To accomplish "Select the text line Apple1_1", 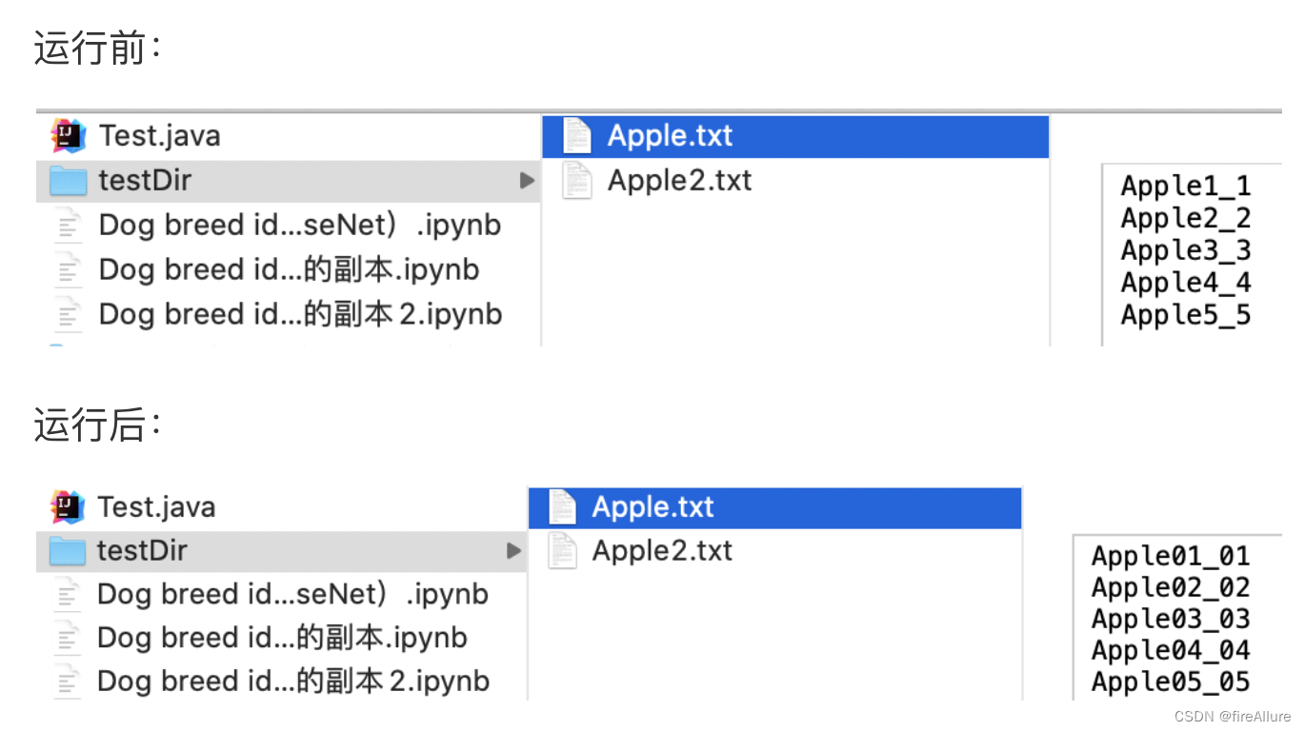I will tap(1185, 186).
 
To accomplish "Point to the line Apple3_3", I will tap(1185, 250).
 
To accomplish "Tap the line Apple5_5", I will tap(1185, 315).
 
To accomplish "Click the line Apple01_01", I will tap(1170, 556).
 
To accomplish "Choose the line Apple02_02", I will tap(1170, 587).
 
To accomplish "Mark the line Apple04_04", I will tap(1170, 650).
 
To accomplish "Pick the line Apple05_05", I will tap(1170, 682).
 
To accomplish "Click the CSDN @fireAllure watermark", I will tap(1233, 716).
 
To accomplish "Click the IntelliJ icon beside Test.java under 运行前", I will tap(68, 135).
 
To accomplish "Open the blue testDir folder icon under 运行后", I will tap(67, 550).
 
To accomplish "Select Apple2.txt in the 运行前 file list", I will tap(679, 180).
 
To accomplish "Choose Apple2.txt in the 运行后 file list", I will tap(662, 550).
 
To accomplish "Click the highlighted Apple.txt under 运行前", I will tap(670, 136).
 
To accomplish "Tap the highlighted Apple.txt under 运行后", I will tap(652, 507).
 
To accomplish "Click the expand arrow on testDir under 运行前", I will tap(527, 180).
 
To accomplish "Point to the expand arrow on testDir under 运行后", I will tap(513, 550).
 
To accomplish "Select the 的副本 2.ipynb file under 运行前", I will tap(300, 314).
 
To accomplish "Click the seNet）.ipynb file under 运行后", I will tap(292, 594).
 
